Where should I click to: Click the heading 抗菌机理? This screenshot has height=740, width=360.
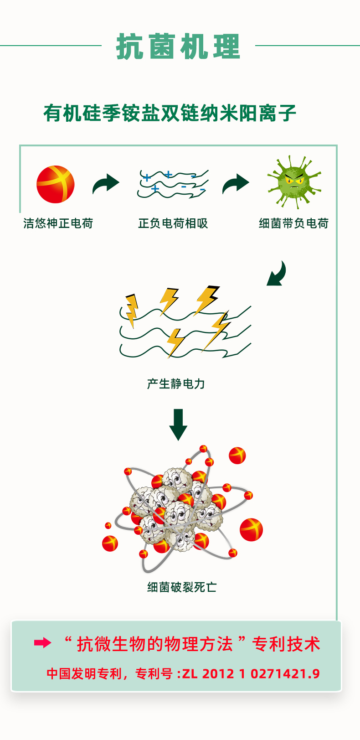click(x=178, y=47)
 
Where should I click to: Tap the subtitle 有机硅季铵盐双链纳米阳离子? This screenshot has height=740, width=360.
click(x=170, y=113)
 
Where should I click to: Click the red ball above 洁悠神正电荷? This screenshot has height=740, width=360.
click(x=56, y=184)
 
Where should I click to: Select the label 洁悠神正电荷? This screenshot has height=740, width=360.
click(x=58, y=223)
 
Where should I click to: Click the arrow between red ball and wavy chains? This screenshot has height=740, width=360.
click(x=106, y=183)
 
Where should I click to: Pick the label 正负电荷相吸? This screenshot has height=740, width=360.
click(x=173, y=223)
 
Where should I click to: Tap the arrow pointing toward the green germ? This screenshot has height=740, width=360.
click(x=236, y=183)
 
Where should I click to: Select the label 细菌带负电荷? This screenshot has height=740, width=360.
click(x=293, y=223)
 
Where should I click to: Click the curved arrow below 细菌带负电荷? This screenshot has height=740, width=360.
click(x=277, y=274)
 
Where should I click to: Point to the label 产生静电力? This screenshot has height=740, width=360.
click(x=176, y=384)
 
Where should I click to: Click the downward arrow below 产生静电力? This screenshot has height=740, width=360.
click(x=178, y=424)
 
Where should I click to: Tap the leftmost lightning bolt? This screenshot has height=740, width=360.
click(x=132, y=310)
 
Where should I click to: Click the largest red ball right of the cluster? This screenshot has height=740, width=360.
click(x=251, y=529)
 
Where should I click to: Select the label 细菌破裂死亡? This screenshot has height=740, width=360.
click(x=182, y=587)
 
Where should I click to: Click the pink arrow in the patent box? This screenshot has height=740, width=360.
click(x=42, y=643)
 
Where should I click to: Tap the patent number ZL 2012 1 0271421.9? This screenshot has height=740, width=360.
click(x=251, y=673)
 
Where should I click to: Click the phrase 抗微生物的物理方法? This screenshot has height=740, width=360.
click(x=155, y=644)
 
